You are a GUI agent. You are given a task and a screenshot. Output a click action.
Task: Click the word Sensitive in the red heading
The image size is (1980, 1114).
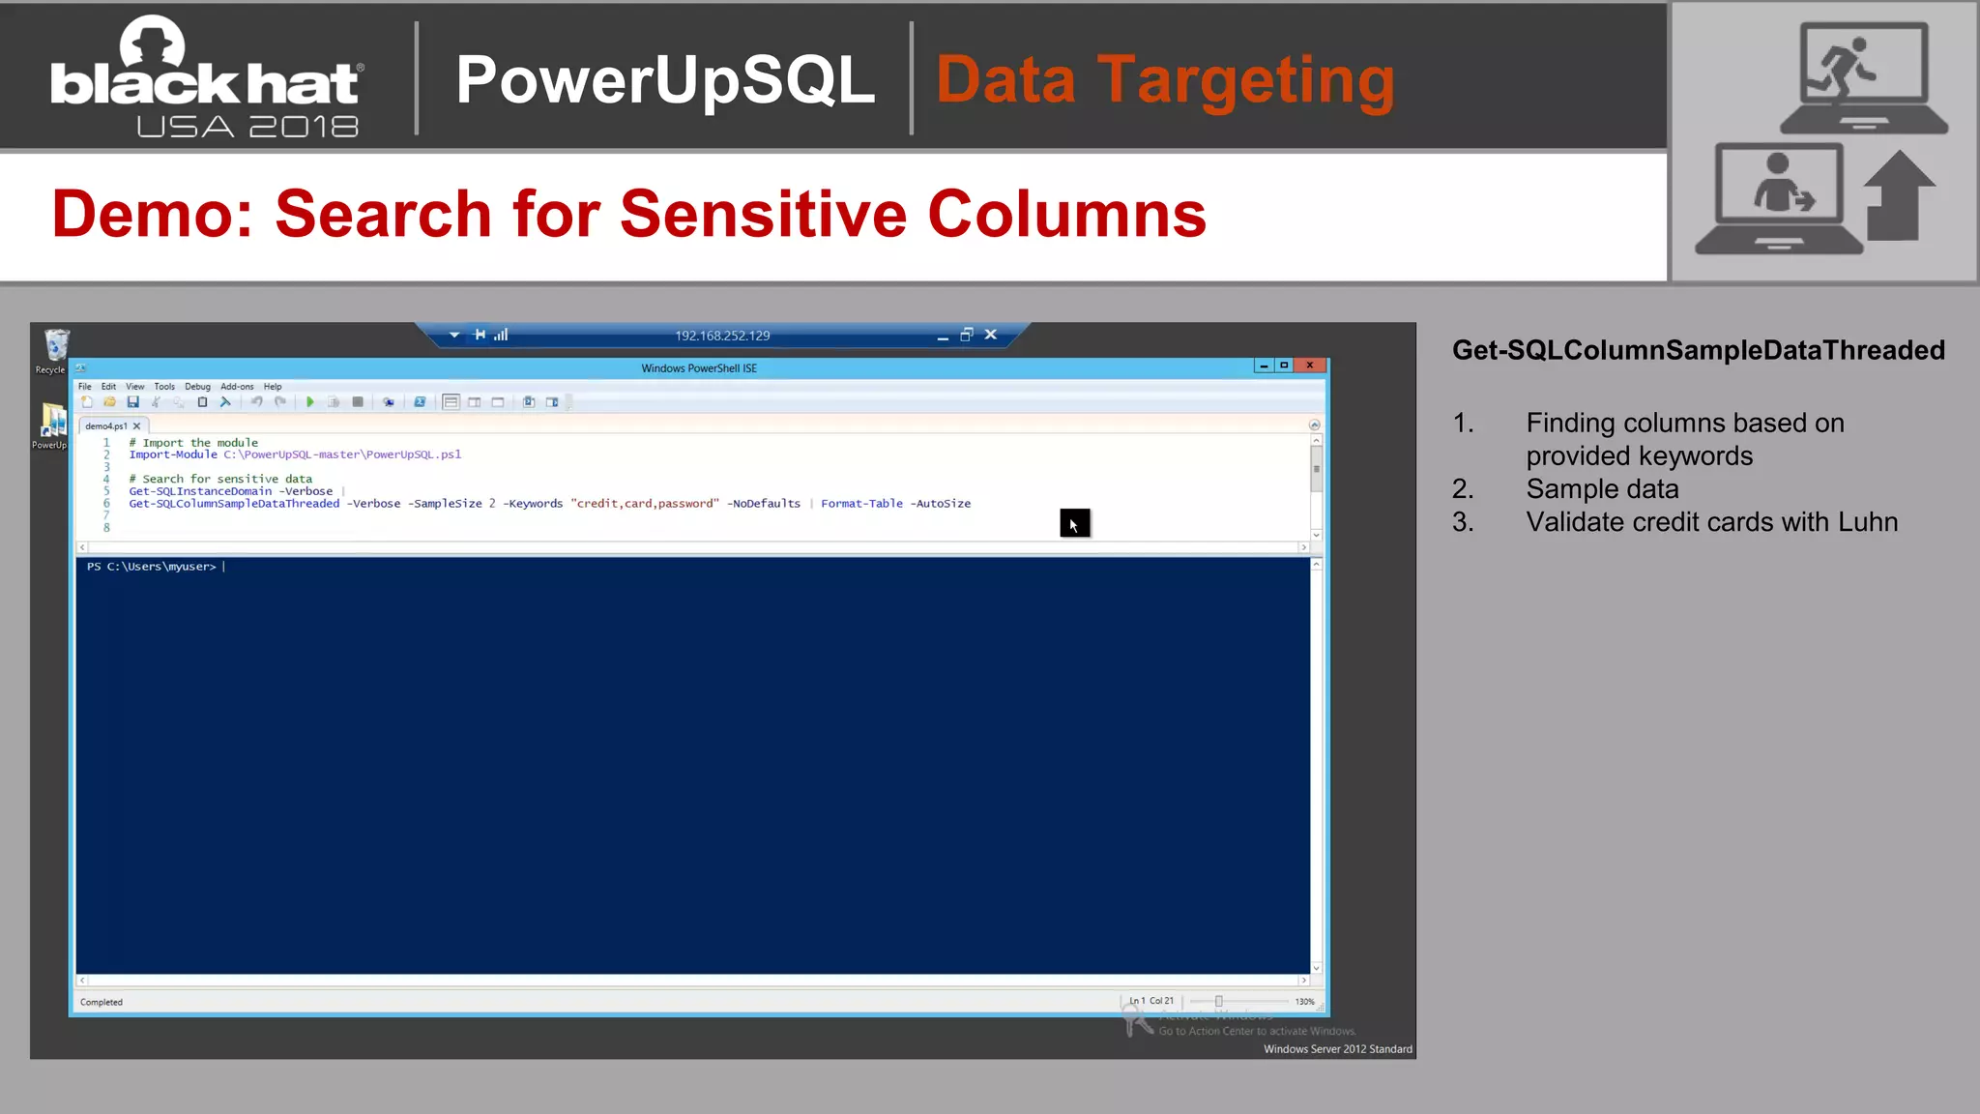[764, 214]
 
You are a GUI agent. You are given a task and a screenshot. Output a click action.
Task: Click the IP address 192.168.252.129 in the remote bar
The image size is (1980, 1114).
[722, 336]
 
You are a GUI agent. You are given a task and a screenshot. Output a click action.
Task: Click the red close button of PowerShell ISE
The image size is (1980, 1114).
[1309, 366]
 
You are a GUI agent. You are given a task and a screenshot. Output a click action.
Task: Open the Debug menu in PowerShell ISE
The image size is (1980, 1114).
[197, 387]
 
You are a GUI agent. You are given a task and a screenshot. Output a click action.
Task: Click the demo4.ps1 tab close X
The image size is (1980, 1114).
[137, 426]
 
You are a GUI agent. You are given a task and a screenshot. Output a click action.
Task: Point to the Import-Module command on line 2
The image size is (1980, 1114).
[173, 454]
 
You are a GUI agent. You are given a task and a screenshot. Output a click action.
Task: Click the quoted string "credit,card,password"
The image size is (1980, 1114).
[645, 504]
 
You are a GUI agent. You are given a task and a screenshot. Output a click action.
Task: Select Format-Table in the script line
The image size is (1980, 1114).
[861, 504]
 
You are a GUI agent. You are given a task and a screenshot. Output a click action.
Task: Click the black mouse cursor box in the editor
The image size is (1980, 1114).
[1074, 523]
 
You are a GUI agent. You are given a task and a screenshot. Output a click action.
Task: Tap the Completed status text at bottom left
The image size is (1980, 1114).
[102, 1002]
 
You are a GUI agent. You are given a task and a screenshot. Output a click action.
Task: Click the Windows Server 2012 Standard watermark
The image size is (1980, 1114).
[1337, 1049]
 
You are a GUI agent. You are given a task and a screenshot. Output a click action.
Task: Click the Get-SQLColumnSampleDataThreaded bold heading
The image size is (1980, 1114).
[1698, 350]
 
